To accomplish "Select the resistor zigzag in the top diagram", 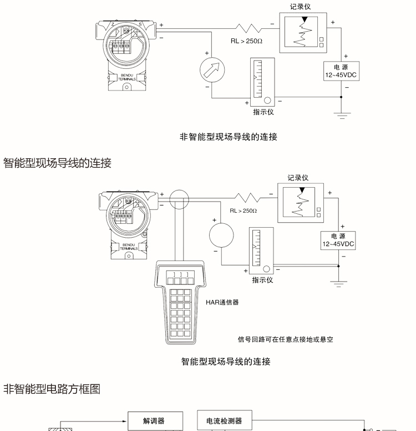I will [248, 28].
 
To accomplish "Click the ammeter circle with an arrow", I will [214, 70].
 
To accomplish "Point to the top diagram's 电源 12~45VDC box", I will [341, 72].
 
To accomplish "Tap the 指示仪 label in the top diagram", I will [263, 112].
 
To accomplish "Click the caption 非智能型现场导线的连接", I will [229, 137].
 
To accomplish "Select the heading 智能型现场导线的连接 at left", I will [57, 163].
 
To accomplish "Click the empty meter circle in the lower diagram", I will [221, 235].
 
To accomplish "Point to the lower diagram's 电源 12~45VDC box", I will [338, 240].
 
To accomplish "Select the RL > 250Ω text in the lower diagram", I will [243, 211].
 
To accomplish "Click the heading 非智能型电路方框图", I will [52, 389].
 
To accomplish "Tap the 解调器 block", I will [154, 421].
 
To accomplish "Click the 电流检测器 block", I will [224, 421].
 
